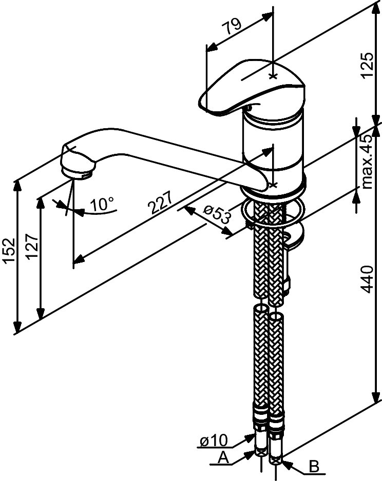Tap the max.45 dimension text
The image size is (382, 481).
(x=366, y=162)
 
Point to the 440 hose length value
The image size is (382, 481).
(x=366, y=279)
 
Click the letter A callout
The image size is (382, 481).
(x=222, y=457)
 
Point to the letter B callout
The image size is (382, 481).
(x=314, y=467)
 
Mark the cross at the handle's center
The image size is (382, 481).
(x=273, y=76)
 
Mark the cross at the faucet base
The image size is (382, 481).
(x=273, y=184)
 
